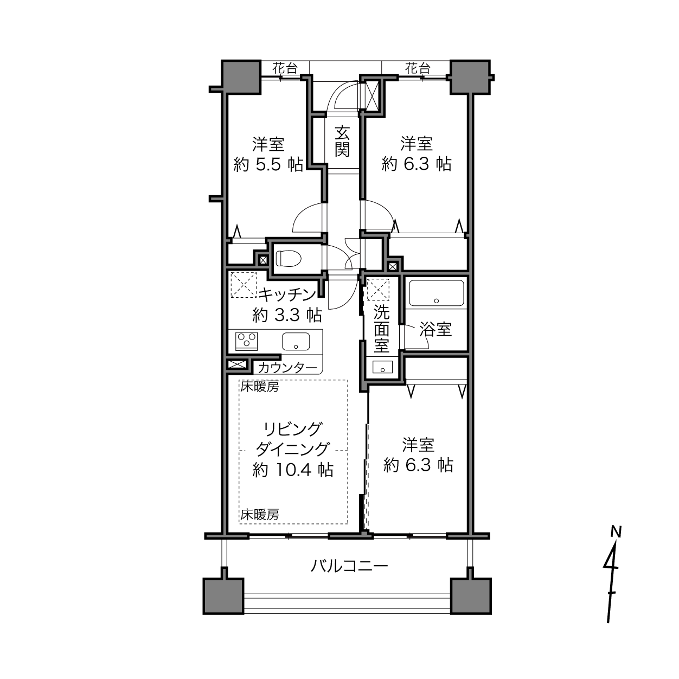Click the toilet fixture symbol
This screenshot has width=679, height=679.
coord(288,258)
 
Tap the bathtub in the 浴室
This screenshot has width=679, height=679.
coord(436,293)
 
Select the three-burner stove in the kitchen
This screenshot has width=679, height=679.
coord(246,341)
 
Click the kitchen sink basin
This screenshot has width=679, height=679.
coord(296,342)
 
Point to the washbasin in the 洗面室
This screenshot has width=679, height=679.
coord(382,367)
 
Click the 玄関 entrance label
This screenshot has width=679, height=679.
coord(342,141)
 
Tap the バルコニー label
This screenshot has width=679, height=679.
coord(349,566)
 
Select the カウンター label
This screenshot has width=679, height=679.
coord(287,368)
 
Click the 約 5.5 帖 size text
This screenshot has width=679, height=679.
coord(268,164)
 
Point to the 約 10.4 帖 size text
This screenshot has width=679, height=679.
coord(293,470)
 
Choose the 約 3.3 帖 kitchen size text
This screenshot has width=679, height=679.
coord(287,315)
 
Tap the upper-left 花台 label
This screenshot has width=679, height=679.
coord(285,68)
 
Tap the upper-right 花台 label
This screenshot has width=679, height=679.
coord(418,68)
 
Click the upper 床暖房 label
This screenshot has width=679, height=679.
coord(260,387)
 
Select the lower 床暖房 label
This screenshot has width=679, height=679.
coord(260,515)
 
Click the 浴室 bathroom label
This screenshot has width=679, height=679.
coord(435,329)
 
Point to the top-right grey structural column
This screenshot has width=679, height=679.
coord(470,77)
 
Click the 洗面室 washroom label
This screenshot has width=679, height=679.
coord(382,329)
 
